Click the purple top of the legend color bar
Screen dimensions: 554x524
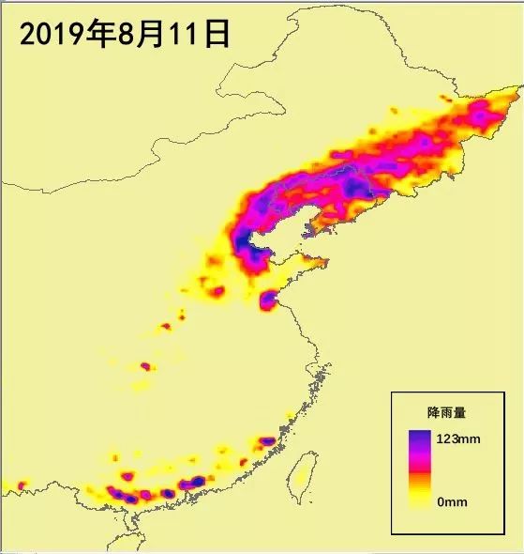(419, 438)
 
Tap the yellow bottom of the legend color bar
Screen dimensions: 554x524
(419, 500)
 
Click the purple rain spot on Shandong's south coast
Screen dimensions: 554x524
(269, 299)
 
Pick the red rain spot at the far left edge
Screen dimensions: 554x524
(21, 485)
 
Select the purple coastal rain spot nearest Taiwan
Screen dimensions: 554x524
(266, 441)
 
